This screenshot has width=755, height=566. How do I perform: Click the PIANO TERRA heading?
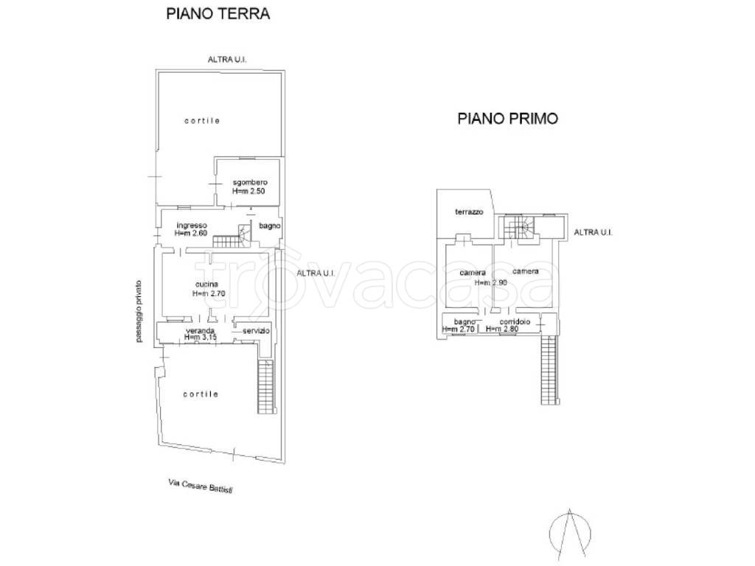[218, 13]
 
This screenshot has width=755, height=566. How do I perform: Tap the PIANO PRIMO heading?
[507, 118]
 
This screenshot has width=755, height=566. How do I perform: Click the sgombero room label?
[250, 183]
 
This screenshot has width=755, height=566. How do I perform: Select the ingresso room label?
[192, 226]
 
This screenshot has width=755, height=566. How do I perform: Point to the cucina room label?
[206, 284]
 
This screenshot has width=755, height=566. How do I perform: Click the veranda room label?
[201, 331]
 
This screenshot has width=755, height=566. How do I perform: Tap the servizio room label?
[256, 331]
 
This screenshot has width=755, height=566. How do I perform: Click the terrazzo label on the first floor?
[469, 212]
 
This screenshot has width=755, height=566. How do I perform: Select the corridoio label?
[515, 321]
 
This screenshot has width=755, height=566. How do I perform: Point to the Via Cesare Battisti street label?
[203, 486]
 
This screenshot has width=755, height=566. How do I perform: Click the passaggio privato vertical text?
[139, 312]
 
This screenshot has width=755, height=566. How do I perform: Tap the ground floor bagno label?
[270, 226]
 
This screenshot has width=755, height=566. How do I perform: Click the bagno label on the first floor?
[465, 321]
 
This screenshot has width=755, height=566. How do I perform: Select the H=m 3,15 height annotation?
[201, 338]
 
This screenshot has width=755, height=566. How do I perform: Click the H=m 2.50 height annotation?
[248, 191]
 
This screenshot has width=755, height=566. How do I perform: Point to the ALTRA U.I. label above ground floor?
[227, 60]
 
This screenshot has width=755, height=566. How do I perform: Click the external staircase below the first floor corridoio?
[549, 370]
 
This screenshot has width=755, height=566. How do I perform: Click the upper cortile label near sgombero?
[202, 121]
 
